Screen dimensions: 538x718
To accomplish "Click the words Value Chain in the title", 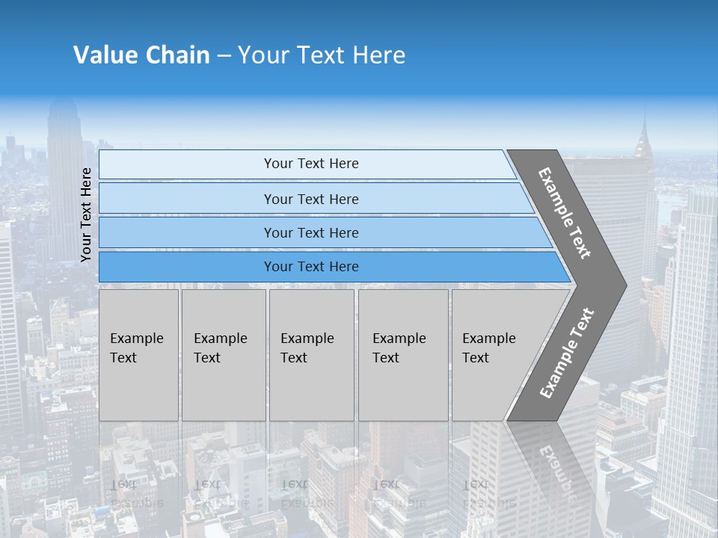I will click(x=141, y=55).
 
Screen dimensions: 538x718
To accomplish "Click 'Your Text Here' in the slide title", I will click(x=322, y=55).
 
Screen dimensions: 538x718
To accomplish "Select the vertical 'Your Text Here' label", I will click(x=86, y=214).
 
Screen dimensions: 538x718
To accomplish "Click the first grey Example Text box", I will click(x=138, y=355).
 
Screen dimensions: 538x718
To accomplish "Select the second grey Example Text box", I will click(x=224, y=355).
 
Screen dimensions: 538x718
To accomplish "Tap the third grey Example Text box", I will click(x=311, y=355).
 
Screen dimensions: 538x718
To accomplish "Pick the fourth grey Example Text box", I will click(x=403, y=355).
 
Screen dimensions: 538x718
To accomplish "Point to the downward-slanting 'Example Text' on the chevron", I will click(x=565, y=213).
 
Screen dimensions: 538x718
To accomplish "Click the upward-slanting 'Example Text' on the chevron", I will click(x=567, y=353).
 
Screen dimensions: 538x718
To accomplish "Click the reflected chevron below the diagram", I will click(x=553, y=463).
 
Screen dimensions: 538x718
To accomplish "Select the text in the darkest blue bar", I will click(x=311, y=267).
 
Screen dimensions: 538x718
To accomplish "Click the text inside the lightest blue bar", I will click(x=311, y=164).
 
